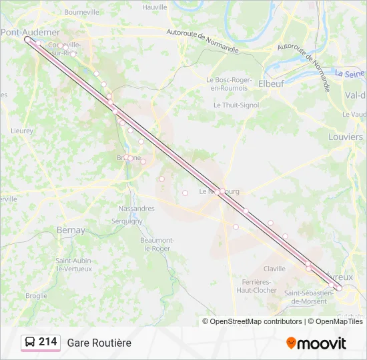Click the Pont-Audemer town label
31,32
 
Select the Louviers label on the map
346,137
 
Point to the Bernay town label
71,230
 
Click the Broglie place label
36,295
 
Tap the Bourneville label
82,12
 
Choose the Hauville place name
155,7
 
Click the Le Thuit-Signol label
236,105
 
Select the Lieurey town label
22,131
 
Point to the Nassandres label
136,208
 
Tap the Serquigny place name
127,221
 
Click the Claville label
274,269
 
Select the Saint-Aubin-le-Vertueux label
73,264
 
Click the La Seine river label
350,74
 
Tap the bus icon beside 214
30,342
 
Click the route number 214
48,342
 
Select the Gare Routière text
99,343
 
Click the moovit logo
316,343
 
